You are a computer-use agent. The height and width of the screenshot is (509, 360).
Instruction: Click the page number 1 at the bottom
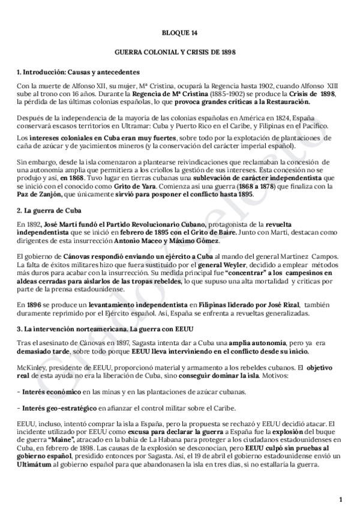coord(340,499)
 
